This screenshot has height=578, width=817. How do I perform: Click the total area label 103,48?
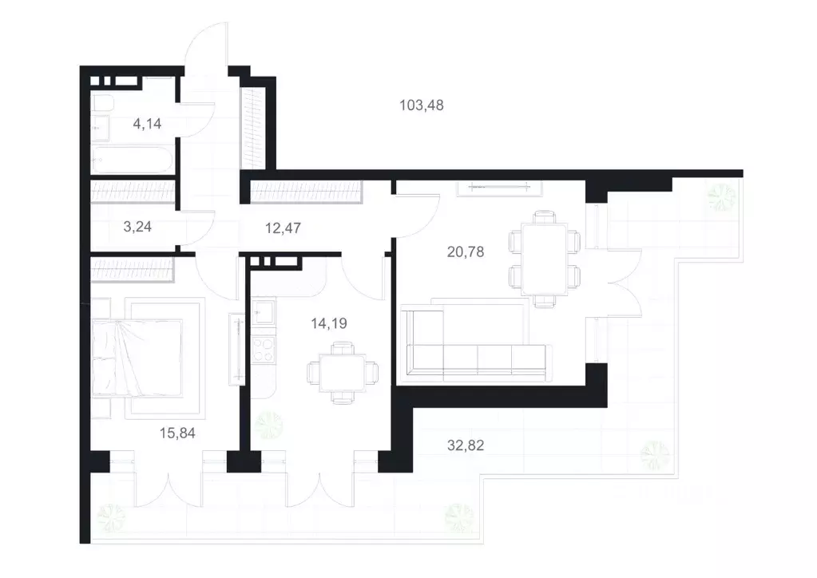tap(422, 105)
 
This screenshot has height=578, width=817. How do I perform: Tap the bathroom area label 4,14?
tap(147, 124)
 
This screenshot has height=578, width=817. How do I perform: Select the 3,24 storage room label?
tap(137, 227)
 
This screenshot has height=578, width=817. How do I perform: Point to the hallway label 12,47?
tap(283, 228)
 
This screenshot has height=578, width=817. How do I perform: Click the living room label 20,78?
tap(466, 252)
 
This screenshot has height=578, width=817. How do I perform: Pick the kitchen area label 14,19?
tap(329, 323)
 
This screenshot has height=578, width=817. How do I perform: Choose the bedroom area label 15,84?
tap(177, 433)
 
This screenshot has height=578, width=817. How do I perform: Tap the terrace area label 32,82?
tap(466, 445)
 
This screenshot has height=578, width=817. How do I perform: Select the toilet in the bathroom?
tap(102, 103)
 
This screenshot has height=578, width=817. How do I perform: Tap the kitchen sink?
tap(263, 311)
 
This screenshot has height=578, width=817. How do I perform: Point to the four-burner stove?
tap(263, 349)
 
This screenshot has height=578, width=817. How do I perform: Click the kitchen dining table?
tap(343, 373)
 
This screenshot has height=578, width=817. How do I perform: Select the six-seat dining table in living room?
tap(545, 259)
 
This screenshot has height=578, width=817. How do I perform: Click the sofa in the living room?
tap(473, 342)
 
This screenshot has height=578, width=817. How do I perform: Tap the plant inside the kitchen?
tap(269, 425)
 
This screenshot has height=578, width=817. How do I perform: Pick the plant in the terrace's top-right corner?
tap(722, 198)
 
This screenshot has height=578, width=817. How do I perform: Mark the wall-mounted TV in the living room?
tap(500, 187)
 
